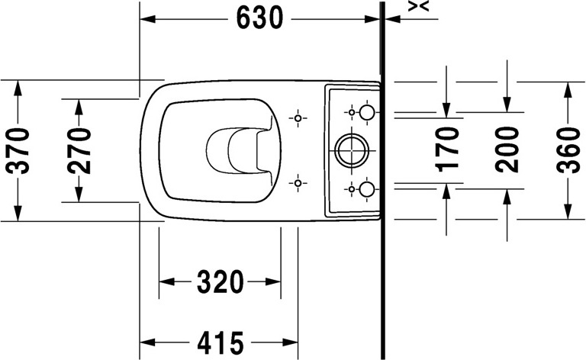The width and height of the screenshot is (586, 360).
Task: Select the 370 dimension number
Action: pyautogui.click(x=19, y=149)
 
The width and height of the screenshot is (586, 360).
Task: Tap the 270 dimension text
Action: pyautogui.click(x=79, y=149)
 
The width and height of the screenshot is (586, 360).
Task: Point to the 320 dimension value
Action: pyautogui.click(x=220, y=281)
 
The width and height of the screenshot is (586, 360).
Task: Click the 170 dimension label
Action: pyautogui.click(x=449, y=148)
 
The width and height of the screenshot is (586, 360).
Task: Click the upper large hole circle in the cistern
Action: pyautogui.click(x=367, y=113)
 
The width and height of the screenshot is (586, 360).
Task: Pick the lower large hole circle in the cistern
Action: pyautogui.click(x=367, y=188)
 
